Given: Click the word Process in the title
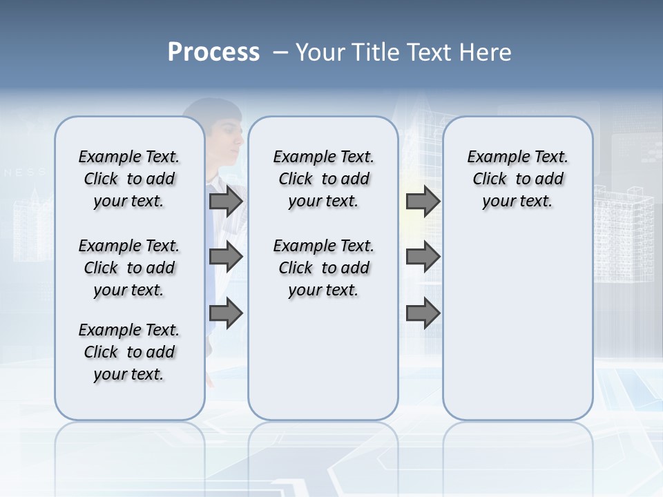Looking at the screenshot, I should pos(213,52).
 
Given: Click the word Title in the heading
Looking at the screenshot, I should pos(373,52).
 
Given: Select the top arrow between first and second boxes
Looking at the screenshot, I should pos(226,201).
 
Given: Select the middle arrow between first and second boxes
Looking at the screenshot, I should pos(226,257).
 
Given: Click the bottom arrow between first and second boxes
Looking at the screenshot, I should pos(226,313).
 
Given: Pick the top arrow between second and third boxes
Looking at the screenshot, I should pos(423,201).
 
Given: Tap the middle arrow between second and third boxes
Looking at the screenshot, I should pos(423,257).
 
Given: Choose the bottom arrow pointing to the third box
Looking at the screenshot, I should pos(423,313).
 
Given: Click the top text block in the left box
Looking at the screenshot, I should pos(129,179).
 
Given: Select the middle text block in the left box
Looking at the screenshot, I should pos(129,268).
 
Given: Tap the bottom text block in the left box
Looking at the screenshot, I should pos(129,352).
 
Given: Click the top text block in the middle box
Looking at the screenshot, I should pos(323,179).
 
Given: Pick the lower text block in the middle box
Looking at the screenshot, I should pos(323,268).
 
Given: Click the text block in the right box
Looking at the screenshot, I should pos(517,179).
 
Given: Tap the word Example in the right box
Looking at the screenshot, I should pos(493,157).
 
